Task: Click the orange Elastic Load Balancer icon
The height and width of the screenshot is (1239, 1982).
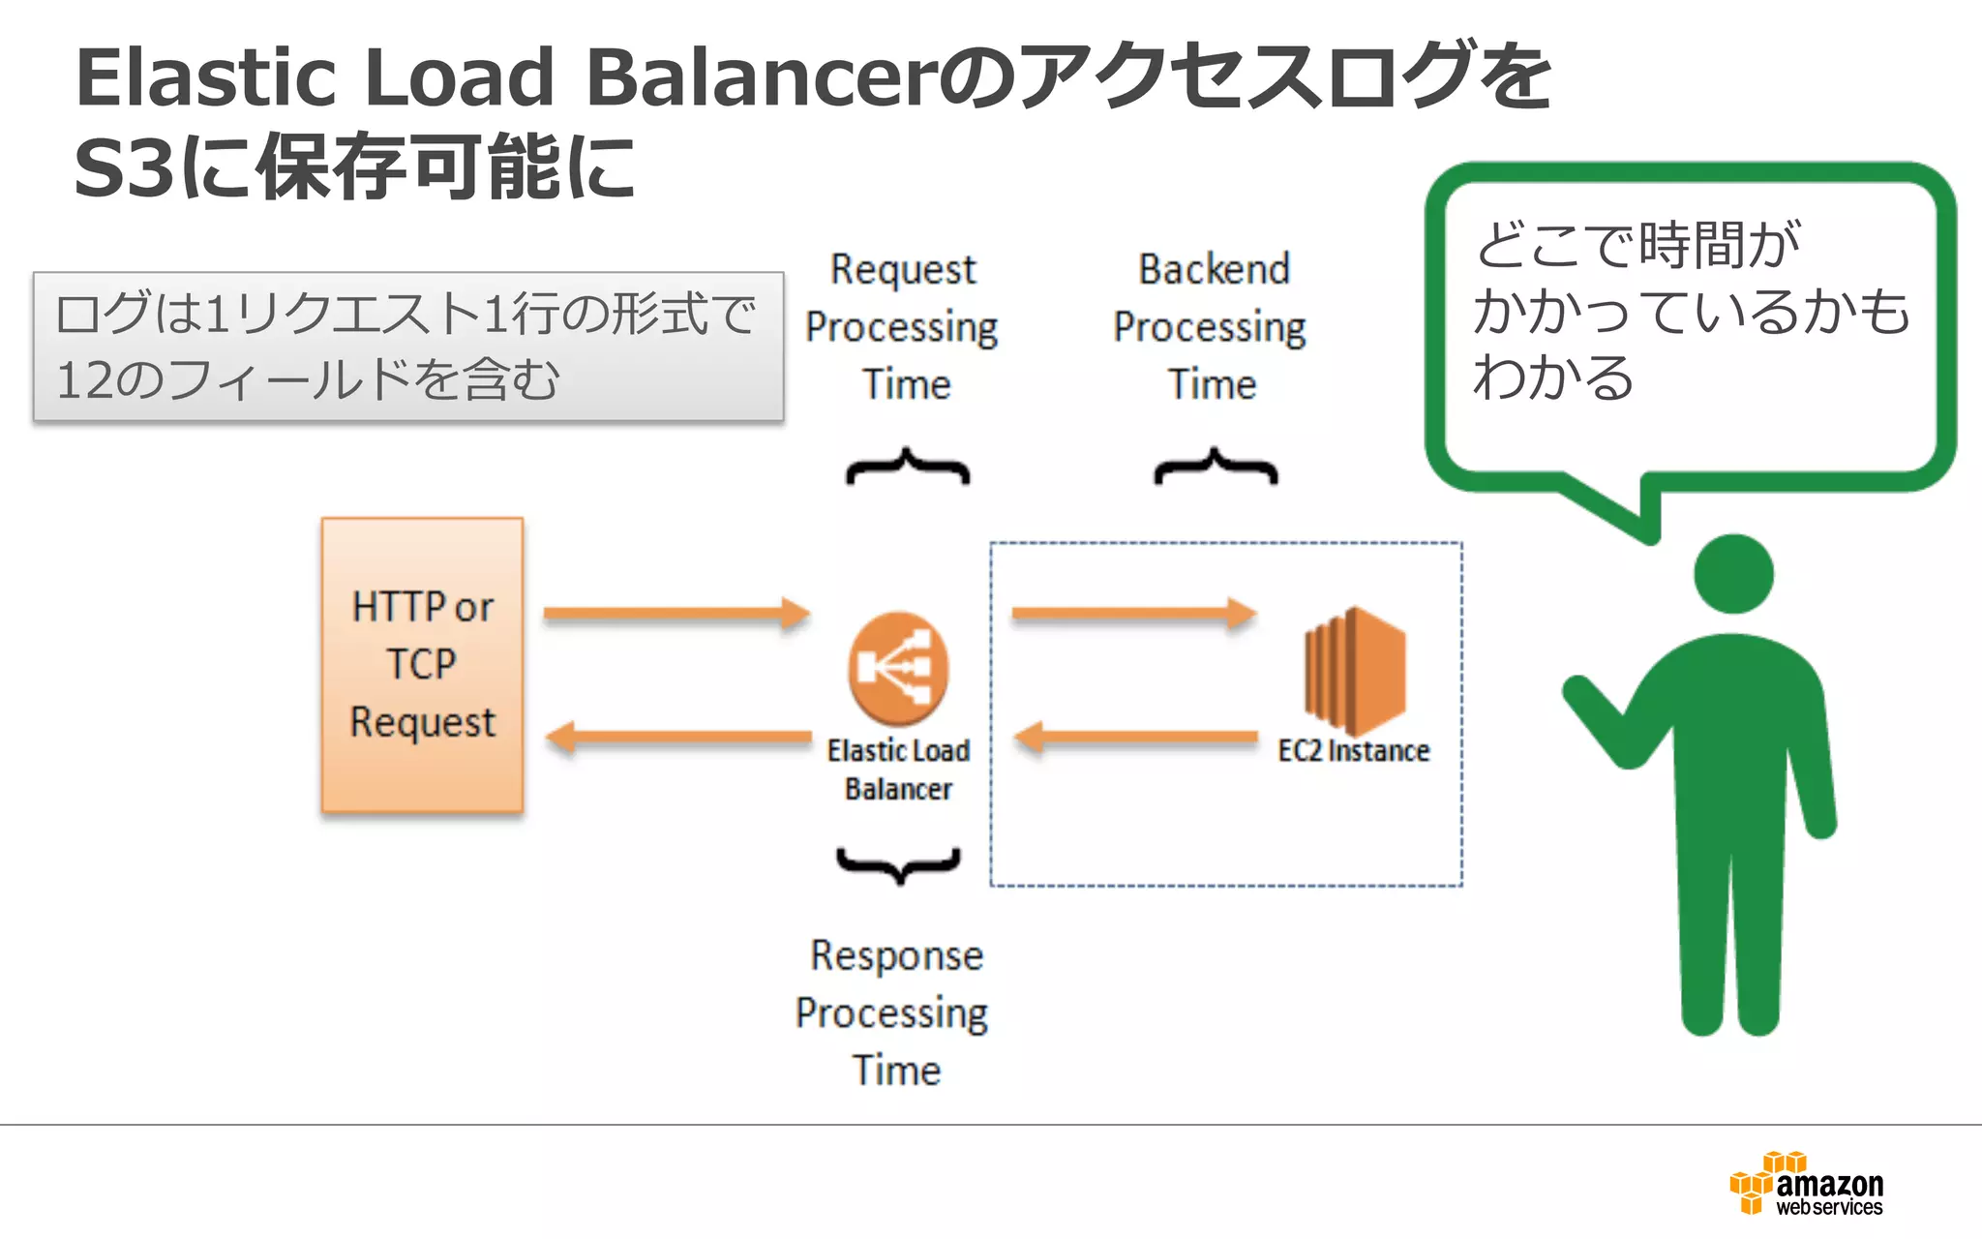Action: [x=898, y=668]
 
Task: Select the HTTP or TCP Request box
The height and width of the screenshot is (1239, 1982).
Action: [x=423, y=665]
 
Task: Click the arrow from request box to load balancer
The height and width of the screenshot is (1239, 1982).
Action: [x=676, y=613]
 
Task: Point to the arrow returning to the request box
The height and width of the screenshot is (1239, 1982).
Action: [x=678, y=738]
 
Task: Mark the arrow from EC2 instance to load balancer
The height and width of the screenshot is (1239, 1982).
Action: [x=1136, y=738]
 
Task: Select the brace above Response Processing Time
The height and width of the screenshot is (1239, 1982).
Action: [x=899, y=864]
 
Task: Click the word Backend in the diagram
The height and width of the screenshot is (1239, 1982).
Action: [x=1215, y=269]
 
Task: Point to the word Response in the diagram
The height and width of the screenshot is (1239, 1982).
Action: [x=897, y=955]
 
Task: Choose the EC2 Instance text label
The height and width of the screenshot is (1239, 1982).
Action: [x=1353, y=751]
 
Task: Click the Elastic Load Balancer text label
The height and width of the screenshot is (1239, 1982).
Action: [x=898, y=770]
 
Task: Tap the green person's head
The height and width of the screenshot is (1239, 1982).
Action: [x=1733, y=574]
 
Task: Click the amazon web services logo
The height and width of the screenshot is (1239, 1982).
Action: [x=1806, y=1184]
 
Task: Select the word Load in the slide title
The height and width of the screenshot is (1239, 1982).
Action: [x=460, y=77]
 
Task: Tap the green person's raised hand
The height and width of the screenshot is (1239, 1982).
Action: [x=1582, y=693]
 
